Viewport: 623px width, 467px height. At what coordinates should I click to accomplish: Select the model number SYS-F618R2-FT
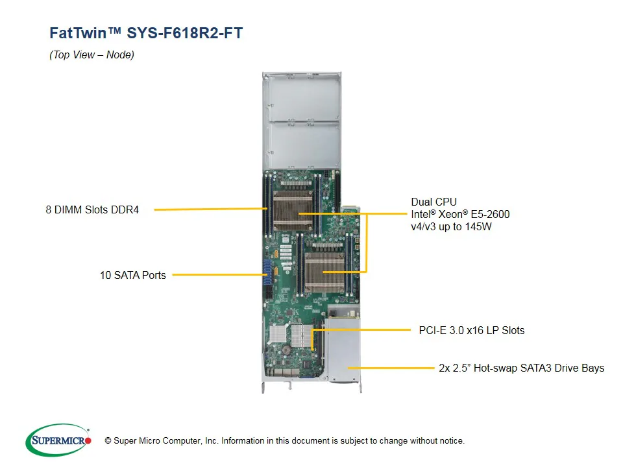(x=185, y=33)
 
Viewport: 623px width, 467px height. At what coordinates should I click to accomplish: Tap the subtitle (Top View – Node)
(x=92, y=55)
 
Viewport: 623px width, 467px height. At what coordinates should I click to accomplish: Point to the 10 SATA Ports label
(x=132, y=275)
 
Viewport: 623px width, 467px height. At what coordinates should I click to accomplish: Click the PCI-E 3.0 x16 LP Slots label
(x=471, y=330)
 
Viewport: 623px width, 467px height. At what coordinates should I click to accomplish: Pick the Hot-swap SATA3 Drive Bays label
(x=521, y=368)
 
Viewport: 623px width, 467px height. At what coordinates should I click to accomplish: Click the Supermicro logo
(x=58, y=440)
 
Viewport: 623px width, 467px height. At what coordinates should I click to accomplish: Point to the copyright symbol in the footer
(x=99, y=441)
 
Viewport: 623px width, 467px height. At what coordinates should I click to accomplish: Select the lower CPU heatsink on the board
(x=324, y=272)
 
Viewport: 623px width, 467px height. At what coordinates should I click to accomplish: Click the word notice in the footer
(x=450, y=441)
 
